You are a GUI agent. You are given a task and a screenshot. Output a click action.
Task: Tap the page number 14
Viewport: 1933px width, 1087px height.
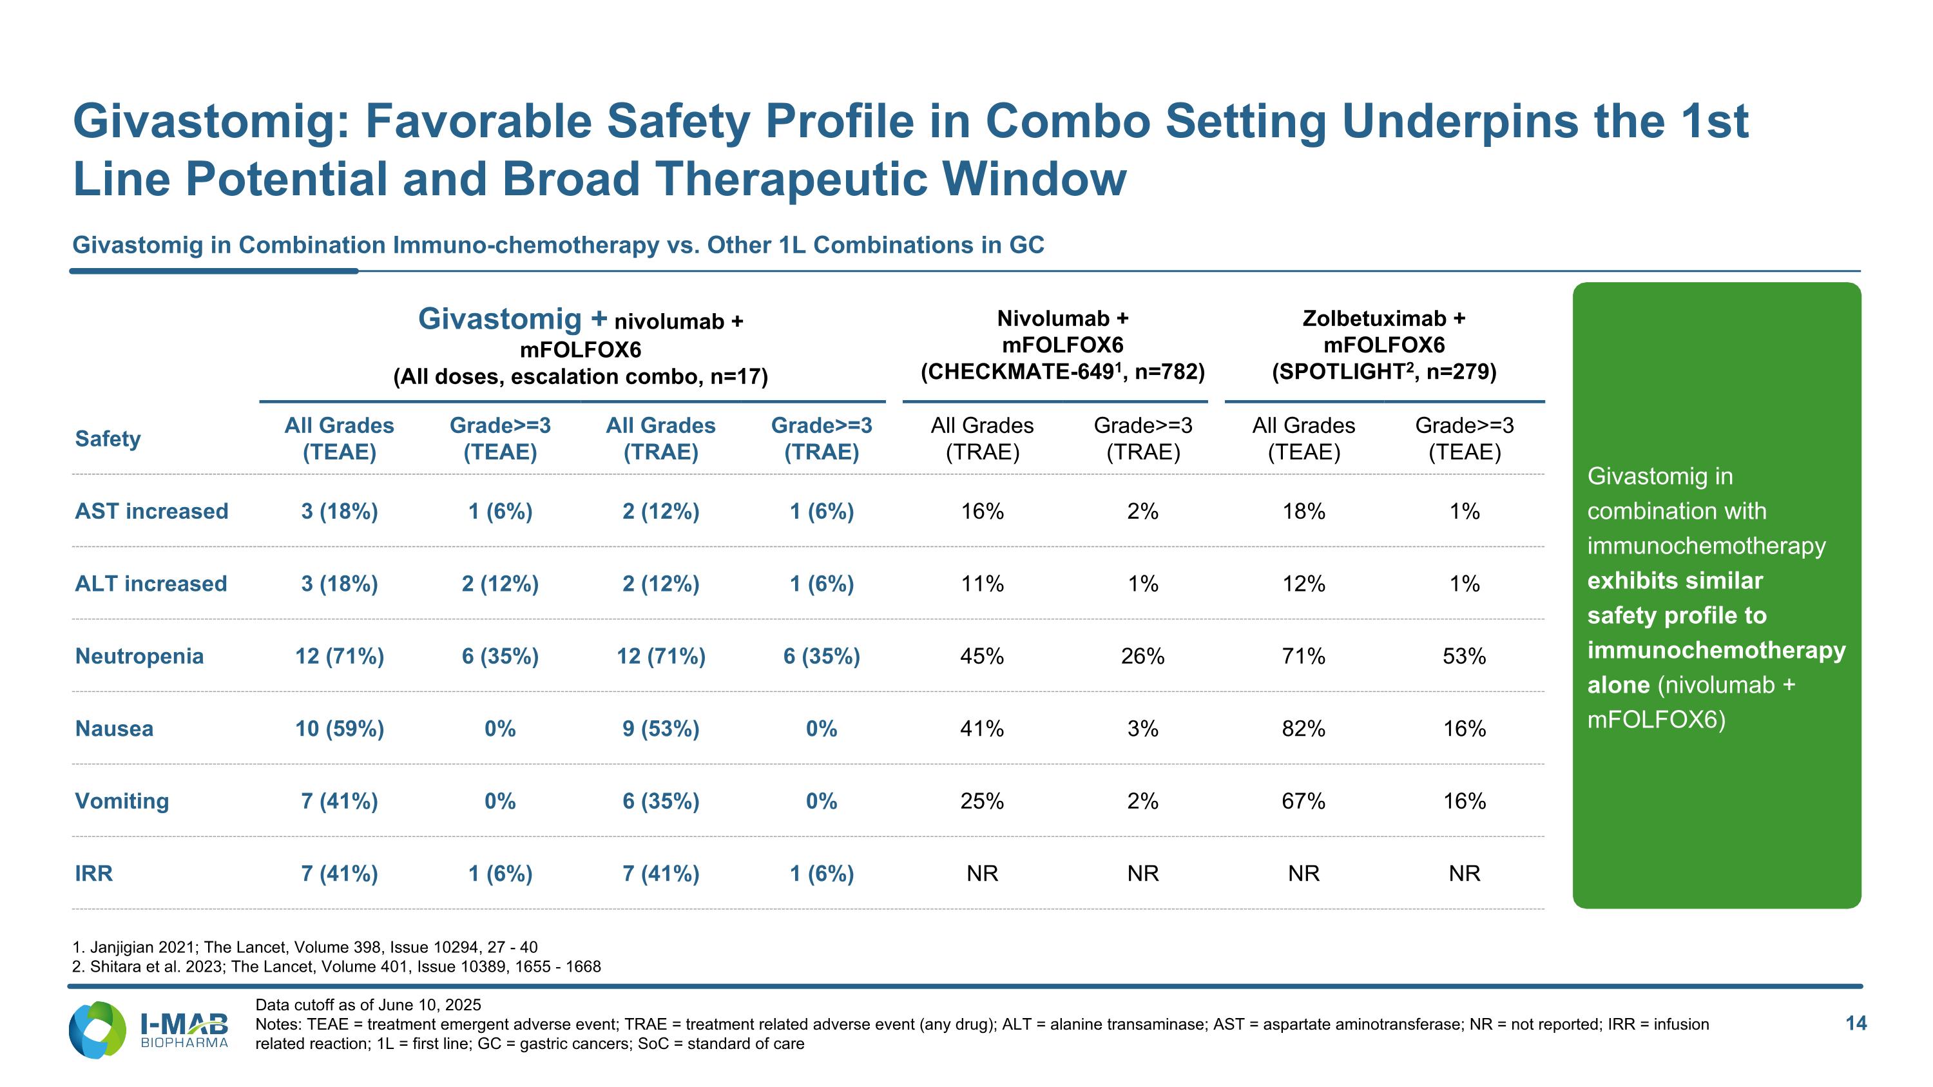tap(1856, 1023)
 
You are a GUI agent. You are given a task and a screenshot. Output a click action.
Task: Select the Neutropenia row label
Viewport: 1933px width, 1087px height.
tap(140, 656)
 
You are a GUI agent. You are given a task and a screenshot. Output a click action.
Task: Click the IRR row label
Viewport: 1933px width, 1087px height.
tap(94, 873)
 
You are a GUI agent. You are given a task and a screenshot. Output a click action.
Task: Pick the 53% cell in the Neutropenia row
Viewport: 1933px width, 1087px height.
tap(1464, 656)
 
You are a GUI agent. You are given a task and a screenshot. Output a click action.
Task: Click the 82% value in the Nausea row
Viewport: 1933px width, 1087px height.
tap(1303, 728)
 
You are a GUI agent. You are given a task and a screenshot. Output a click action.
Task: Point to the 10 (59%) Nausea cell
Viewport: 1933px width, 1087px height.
tap(339, 728)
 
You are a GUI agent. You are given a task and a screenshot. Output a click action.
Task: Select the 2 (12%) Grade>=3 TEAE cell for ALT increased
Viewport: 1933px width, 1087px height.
tap(500, 584)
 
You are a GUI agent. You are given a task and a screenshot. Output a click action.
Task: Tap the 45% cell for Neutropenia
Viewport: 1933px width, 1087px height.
tap(982, 656)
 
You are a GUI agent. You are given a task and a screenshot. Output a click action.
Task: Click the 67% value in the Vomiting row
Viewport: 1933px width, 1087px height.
tap(1303, 800)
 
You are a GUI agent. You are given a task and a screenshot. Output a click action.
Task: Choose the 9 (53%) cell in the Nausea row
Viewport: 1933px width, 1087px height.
tap(660, 728)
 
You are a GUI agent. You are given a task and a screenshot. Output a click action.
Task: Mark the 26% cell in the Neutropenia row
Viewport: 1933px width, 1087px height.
tap(1143, 656)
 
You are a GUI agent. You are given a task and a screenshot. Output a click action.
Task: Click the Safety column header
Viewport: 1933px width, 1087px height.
tap(108, 439)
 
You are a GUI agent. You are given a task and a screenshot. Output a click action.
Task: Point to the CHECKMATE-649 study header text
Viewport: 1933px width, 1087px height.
tap(1063, 371)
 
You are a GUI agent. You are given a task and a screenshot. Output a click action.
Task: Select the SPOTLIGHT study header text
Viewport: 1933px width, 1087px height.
tap(1384, 371)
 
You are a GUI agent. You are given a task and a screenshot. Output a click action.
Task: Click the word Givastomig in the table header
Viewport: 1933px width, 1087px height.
tap(500, 319)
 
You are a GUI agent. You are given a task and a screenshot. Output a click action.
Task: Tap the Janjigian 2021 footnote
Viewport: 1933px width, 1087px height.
tap(305, 947)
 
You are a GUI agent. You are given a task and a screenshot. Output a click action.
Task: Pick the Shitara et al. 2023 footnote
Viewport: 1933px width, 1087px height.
tap(336, 967)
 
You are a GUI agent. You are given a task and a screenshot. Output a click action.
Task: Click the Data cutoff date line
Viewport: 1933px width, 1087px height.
tap(368, 1005)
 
